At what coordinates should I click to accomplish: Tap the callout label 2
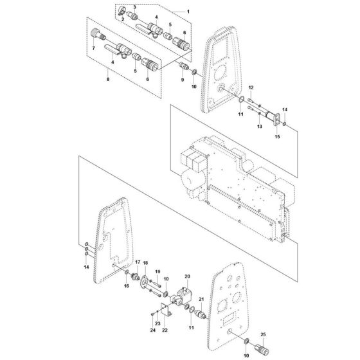point(123,21)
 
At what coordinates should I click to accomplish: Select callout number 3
point(134,7)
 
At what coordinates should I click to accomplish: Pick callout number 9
point(182,80)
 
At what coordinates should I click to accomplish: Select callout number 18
point(145,264)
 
